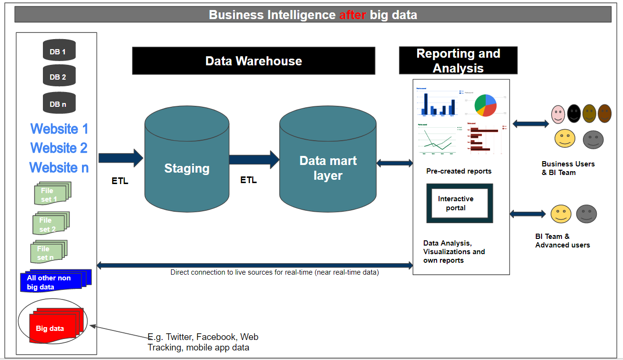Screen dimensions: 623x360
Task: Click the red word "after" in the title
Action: (x=352, y=15)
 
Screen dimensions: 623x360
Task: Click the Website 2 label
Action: (x=59, y=148)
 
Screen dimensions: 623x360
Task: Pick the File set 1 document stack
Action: (x=51, y=194)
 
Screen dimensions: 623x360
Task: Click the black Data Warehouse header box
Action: (x=253, y=61)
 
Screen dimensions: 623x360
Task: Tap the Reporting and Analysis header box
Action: (x=458, y=61)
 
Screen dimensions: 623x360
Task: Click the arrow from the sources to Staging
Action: (x=121, y=158)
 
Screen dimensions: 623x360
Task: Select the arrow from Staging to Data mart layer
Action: (x=254, y=159)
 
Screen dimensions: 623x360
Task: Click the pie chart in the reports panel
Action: (x=486, y=105)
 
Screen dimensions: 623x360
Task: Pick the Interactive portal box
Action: (x=459, y=203)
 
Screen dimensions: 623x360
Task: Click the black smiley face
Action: (x=573, y=113)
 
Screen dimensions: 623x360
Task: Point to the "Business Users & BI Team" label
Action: (x=568, y=168)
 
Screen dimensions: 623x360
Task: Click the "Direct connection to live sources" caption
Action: (x=275, y=273)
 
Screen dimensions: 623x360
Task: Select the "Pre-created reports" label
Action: (x=459, y=171)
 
